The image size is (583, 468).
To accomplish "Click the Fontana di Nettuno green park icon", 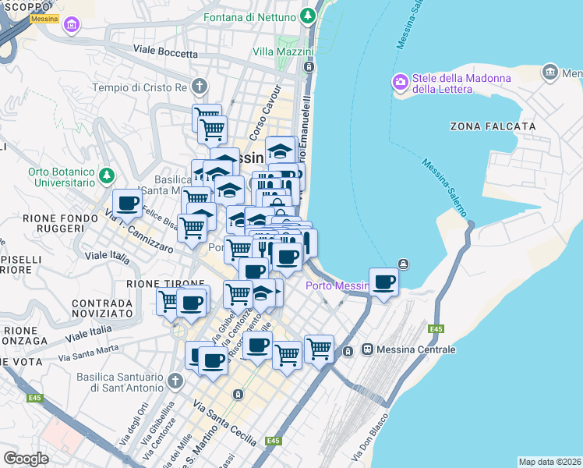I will (x=309, y=16).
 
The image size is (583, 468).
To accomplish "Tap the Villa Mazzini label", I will (x=282, y=52).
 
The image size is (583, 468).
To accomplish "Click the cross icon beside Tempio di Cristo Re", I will (x=200, y=87).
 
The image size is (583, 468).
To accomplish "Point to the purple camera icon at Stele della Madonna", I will (x=401, y=81).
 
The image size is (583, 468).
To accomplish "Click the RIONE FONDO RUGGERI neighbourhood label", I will (x=53, y=223).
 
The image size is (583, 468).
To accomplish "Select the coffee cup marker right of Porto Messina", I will (x=383, y=282).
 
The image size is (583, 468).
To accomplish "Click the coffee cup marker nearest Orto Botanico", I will (x=128, y=204).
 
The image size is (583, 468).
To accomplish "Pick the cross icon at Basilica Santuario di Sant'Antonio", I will (x=175, y=381).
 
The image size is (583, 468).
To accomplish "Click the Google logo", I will (x=26, y=458).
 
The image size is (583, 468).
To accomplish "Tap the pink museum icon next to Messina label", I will (x=72, y=26).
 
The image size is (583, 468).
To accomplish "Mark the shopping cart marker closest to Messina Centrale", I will (x=319, y=349).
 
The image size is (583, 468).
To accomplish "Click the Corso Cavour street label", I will (x=260, y=122).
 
